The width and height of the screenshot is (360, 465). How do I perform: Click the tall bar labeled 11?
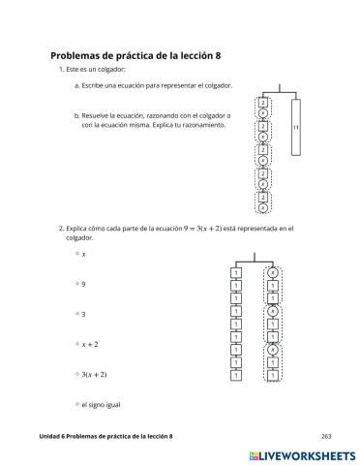(296, 127)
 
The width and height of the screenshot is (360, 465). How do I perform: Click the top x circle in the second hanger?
(273, 273)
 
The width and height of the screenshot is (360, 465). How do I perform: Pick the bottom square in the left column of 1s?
(236, 375)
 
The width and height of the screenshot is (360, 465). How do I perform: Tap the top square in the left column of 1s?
(236, 273)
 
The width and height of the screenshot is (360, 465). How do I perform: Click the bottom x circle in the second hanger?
(273, 350)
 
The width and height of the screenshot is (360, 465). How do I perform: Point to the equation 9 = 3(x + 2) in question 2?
(193, 228)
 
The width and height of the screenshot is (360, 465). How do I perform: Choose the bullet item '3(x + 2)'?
(94, 374)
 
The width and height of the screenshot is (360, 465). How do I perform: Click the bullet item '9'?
(83, 284)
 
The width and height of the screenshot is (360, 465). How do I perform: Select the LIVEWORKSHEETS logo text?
(305, 453)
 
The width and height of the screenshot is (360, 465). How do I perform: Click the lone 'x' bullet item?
(83, 255)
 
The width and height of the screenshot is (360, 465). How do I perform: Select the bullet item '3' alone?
(83, 314)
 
